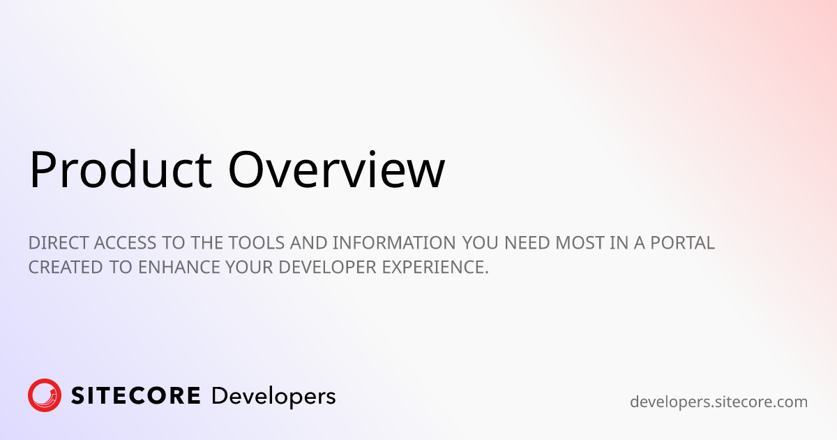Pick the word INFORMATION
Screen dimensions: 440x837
[393, 243]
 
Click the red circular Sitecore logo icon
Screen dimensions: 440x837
[45, 396]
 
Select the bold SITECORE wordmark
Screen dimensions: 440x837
[136, 396]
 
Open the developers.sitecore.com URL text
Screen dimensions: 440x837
[718, 402]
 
